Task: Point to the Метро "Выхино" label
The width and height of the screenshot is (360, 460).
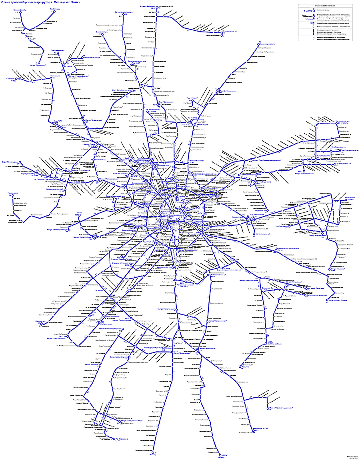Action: tap(335, 269)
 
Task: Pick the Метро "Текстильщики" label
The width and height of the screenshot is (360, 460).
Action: tap(248, 280)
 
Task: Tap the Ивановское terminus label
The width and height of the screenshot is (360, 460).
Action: tap(344, 197)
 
